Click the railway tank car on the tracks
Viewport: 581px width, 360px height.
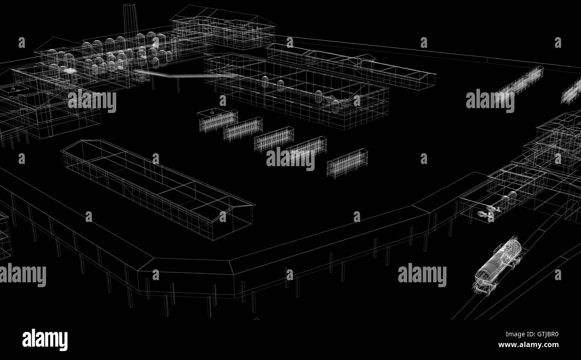click(x=497, y=266)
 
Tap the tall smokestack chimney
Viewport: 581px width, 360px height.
click(x=130, y=21)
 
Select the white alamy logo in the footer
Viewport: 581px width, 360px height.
click(x=45, y=339)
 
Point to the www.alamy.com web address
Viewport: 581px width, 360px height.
click(x=528, y=345)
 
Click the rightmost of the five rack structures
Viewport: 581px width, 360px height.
click(x=347, y=163)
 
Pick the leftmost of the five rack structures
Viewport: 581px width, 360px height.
click(x=218, y=120)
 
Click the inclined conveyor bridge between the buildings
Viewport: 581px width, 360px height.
click(x=181, y=75)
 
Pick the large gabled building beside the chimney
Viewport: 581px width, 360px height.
click(x=223, y=27)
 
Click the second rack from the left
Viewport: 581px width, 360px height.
click(x=243, y=129)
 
